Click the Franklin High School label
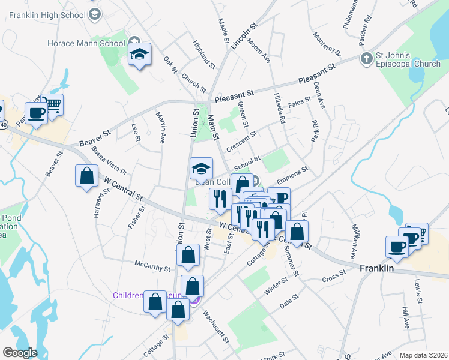(45, 14)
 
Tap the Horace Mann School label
(86, 43)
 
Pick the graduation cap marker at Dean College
(202, 168)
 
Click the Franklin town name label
(376, 269)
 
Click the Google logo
(20, 353)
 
